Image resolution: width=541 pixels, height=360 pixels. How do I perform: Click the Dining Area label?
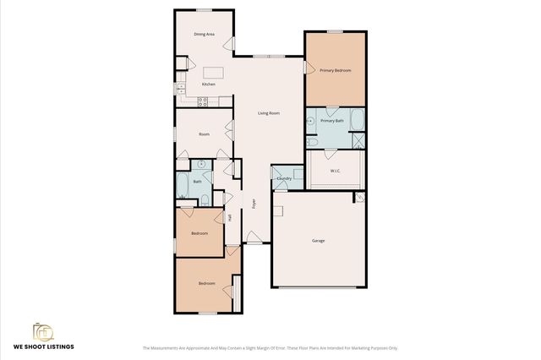point(204,35)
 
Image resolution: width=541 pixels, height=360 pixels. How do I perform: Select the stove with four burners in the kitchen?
point(203,102)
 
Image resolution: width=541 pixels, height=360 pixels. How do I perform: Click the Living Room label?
point(269,112)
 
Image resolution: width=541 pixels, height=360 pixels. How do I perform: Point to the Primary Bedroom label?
point(336,70)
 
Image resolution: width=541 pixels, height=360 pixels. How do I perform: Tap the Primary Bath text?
point(332,121)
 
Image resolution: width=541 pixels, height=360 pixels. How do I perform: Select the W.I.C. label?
point(336,172)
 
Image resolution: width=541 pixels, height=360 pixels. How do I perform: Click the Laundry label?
point(285,178)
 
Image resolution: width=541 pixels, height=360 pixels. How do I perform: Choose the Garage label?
point(319,241)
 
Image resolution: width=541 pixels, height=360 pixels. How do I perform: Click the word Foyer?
point(254,204)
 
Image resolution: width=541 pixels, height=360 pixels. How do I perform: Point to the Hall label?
point(229,217)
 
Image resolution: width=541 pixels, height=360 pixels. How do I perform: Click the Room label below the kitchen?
point(204,134)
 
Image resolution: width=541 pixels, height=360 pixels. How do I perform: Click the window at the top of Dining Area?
point(204,10)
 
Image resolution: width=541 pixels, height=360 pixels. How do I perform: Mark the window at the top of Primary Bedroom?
point(336,31)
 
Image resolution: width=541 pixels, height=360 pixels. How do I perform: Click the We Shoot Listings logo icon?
point(43,331)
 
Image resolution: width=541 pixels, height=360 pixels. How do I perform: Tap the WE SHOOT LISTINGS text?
point(43,347)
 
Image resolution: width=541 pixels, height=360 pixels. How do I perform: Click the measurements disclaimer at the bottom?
point(270,348)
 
